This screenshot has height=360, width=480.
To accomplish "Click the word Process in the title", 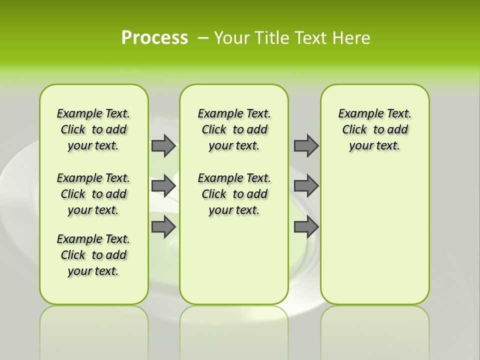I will [154, 37].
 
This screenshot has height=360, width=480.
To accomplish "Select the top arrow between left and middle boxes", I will [163, 145].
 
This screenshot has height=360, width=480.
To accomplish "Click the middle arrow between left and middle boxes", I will [163, 186].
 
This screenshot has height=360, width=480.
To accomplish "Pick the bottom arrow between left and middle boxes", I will [163, 227].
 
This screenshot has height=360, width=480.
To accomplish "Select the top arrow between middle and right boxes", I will [306, 145].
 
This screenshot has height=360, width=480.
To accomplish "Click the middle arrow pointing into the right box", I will [306, 186].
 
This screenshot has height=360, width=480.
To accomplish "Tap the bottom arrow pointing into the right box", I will [306, 227].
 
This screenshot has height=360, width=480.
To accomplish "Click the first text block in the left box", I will [93, 129].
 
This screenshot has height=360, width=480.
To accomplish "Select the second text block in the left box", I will [93, 194].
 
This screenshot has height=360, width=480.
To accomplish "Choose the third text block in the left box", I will [93, 255].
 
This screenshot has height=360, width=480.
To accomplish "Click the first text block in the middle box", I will [234, 129].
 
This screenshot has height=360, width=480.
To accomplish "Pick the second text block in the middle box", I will [234, 194].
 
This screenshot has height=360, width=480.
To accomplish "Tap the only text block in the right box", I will [375, 129].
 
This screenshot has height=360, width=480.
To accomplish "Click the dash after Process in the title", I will [203, 38].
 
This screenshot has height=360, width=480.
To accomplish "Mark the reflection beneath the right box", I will [375, 330].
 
